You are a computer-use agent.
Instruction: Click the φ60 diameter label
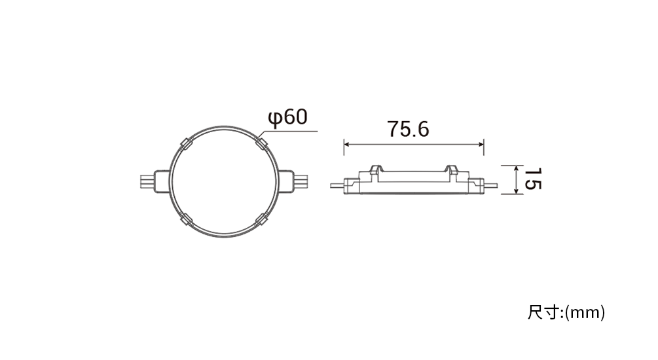tap(288, 118)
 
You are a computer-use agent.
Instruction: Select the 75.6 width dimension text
tap(408, 129)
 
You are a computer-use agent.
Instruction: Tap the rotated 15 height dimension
tap(532, 179)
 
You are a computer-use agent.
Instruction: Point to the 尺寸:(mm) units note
tap(566, 313)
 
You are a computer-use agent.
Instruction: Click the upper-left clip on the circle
tap(186, 144)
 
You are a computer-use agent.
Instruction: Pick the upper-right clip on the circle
tap(261, 143)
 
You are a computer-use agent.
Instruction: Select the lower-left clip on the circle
tap(186, 219)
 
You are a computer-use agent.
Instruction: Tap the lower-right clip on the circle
tap(261, 219)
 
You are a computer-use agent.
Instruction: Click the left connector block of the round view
tap(162, 181)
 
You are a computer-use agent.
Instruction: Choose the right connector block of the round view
tap(286, 181)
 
